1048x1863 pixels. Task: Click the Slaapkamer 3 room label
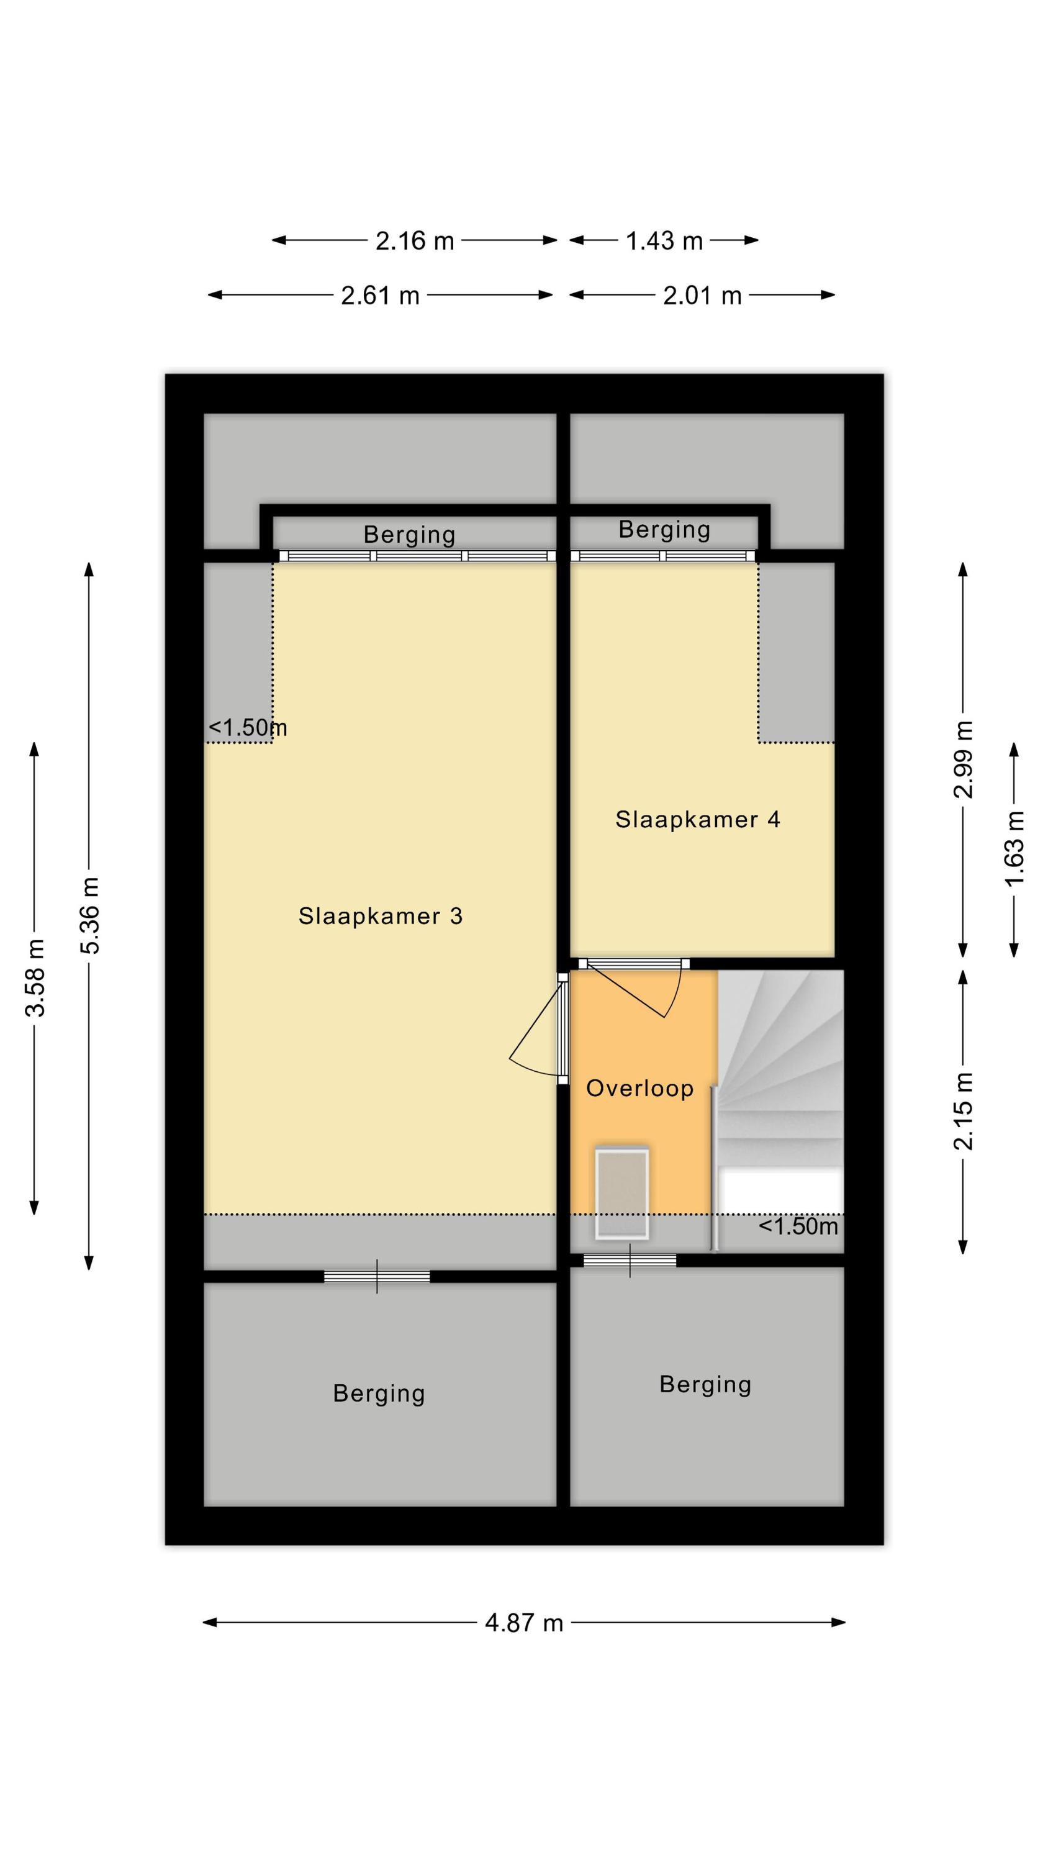tap(381, 917)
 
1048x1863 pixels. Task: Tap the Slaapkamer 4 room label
tap(698, 819)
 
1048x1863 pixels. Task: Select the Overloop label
tap(640, 1089)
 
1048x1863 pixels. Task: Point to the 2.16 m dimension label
tap(415, 241)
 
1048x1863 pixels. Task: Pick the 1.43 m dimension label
tap(664, 241)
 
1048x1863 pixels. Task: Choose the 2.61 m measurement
tap(381, 296)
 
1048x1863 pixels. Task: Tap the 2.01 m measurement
tap(702, 296)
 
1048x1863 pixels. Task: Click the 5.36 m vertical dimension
tap(89, 915)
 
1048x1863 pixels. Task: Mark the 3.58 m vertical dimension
tap(35, 978)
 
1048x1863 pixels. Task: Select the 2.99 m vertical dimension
tap(964, 759)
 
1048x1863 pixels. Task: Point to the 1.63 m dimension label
tap(1014, 849)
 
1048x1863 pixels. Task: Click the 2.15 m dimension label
tap(964, 1112)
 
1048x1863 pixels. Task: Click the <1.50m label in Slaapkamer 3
tap(247, 728)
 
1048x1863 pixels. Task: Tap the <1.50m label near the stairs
tap(798, 1226)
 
